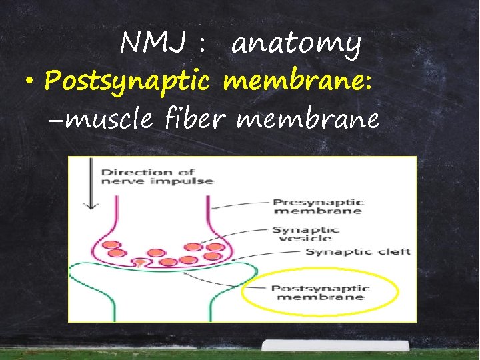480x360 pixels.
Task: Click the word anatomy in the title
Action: tap(297, 45)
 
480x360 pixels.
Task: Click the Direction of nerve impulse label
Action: tap(157, 176)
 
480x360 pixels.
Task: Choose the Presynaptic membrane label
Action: tap(318, 206)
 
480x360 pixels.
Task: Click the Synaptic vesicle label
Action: tap(305, 233)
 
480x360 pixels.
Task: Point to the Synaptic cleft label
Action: tap(358, 252)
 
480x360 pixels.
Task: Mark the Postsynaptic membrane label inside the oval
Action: tap(319, 292)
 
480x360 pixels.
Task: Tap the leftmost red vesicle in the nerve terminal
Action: tap(112, 245)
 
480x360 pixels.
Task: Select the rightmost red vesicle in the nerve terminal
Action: tap(215, 247)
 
